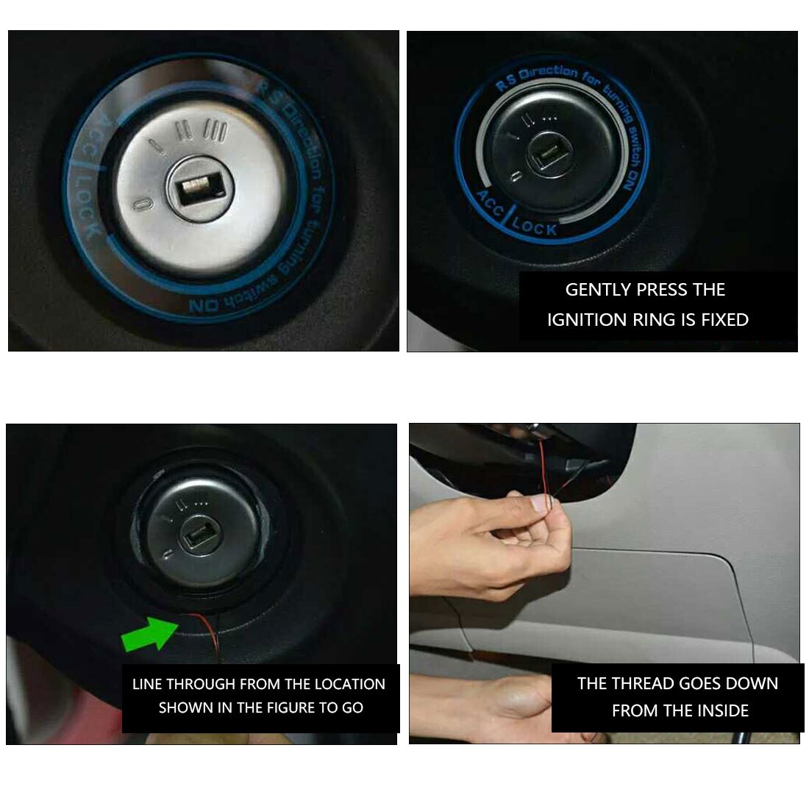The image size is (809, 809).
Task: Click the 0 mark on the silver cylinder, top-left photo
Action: [143, 202]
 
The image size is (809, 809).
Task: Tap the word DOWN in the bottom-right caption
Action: [752, 683]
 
